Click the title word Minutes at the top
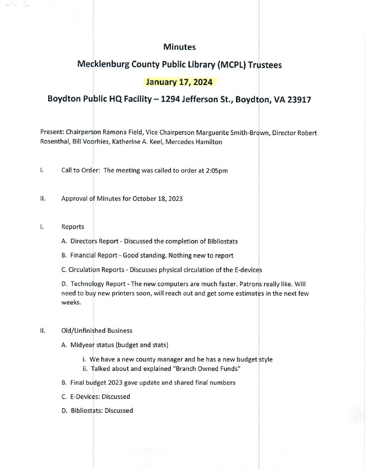[180, 47]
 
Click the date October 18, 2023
[157, 199]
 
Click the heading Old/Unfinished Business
[97, 331]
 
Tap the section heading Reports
[73, 227]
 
